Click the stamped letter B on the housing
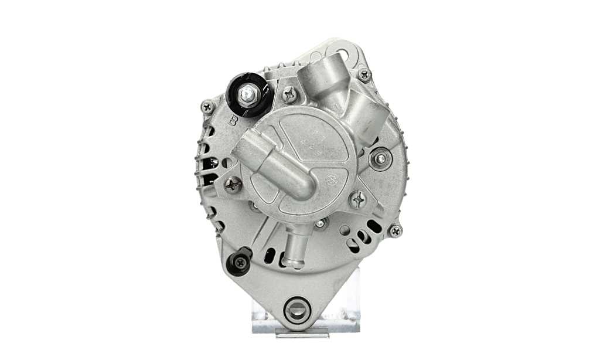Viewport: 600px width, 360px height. point(233,121)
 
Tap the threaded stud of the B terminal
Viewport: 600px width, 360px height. point(248,93)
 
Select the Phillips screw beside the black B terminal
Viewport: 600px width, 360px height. point(289,94)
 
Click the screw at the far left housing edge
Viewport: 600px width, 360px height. point(207,107)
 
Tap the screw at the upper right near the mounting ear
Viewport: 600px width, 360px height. point(364,74)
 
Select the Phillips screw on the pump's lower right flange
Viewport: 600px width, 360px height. point(357,200)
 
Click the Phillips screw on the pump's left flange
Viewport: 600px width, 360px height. point(233,185)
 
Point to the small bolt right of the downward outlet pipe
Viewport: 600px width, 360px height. point(319,223)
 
